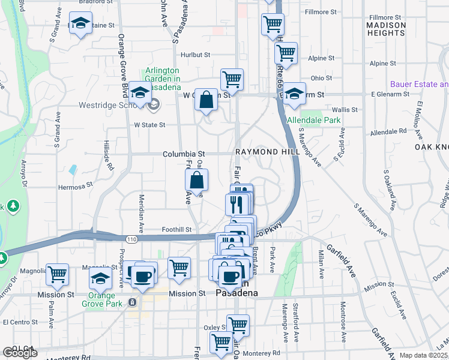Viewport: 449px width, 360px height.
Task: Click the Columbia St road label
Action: click(x=184, y=154)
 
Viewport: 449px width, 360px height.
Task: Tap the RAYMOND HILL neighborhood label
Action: click(x=267, y=152)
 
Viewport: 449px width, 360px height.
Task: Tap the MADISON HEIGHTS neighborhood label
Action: click(x=385, y=29)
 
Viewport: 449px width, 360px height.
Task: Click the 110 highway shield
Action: click(x=131, y=239)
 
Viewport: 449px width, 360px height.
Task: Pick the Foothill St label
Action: click(x=177, y=229)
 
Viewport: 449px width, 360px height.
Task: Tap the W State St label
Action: click(x=149, y=125)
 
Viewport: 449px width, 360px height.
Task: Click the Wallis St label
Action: click(x=345, y=110)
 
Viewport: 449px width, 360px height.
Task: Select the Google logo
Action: click(x=20, y=353)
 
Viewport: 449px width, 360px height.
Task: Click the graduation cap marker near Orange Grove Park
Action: click(x=100, y=277)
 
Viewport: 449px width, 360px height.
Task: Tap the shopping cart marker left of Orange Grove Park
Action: click(x=58, y=274)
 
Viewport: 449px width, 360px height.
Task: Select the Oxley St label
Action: click(x=214, y=327)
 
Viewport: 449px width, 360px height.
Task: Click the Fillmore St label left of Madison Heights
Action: click(x=320, y=11)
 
